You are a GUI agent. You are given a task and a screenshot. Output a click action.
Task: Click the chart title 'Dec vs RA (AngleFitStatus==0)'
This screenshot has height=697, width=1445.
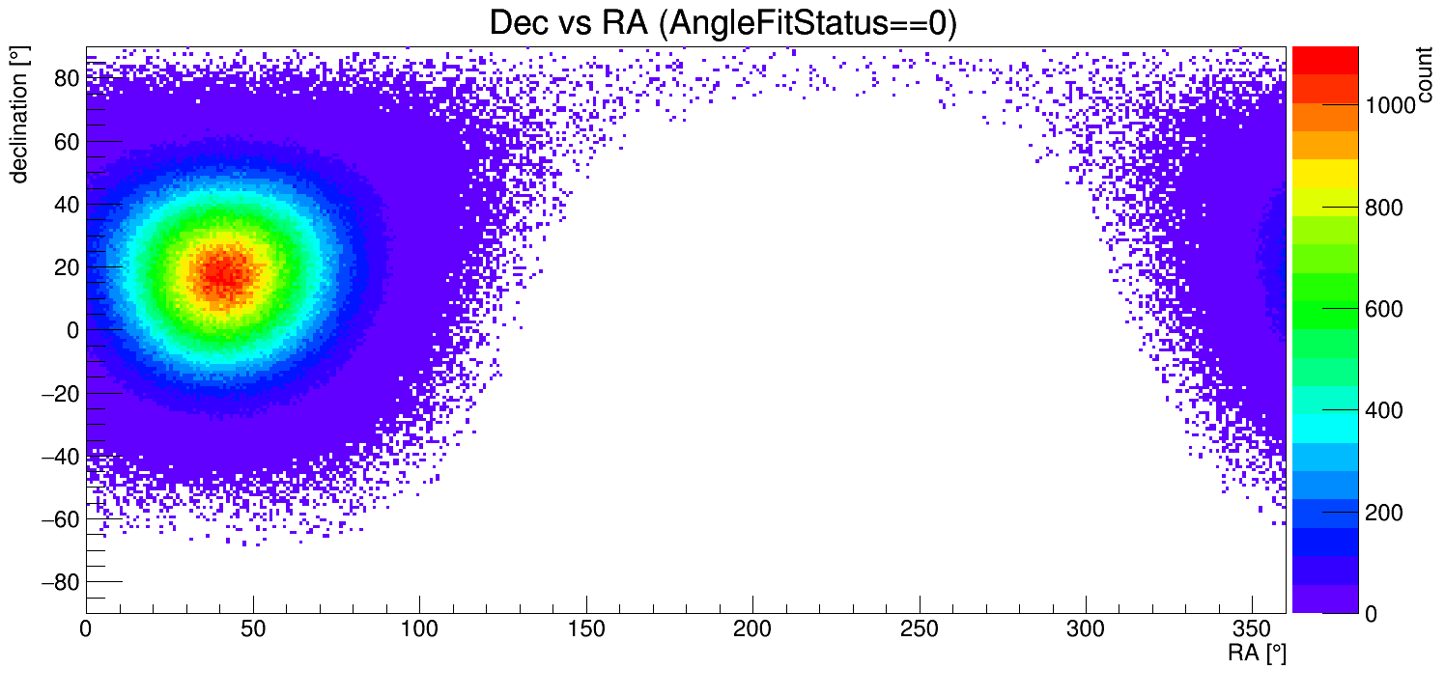(x=722, y=23)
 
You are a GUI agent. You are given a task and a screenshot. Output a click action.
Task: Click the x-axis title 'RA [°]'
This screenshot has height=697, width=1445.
(x=1257, y=654)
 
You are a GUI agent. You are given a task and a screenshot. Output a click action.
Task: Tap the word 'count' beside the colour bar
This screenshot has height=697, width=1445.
(x=1424, y=76)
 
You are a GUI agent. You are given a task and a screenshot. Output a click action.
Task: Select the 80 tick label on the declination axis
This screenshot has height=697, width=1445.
(x=66, y=78)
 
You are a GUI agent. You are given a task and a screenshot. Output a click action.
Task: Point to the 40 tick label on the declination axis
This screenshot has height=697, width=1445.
(x=66, y=205)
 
